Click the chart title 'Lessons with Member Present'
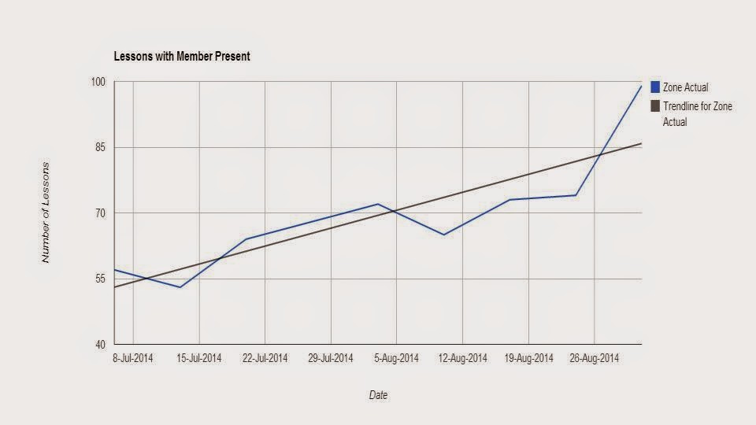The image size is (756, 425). coord(182,57)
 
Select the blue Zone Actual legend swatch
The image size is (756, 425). coord(655,87)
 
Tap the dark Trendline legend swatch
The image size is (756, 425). coord(655,106)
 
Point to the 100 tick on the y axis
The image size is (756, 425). coord(98,82)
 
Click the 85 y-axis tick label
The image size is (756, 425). coord(100,147)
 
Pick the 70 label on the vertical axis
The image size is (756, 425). coord(100,213)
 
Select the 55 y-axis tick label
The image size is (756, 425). coord(100,279)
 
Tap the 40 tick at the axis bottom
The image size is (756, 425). coord(100,345)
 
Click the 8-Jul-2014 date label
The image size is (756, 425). coord(132,358)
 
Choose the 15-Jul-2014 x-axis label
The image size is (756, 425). coord(198,358)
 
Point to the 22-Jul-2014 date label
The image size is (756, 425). coord(265,358)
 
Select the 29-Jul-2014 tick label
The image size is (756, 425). coord(331,358)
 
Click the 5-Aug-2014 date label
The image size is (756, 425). coord(396,358)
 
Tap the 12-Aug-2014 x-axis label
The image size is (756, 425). coord(462,358)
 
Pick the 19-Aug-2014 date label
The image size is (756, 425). coord(528,358)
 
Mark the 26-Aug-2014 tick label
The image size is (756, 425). coord(594,358)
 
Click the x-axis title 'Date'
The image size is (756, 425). coord(379,395)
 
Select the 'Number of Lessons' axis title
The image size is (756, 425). coord(46,213)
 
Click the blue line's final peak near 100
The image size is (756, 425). coord(641,86)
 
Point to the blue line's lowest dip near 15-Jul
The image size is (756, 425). coord(180,287)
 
